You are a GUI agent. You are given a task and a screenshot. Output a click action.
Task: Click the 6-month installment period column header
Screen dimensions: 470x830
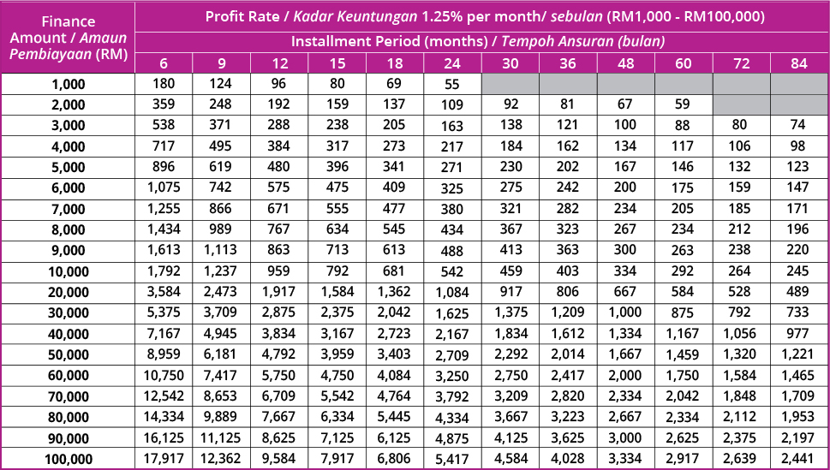tap(163, 63)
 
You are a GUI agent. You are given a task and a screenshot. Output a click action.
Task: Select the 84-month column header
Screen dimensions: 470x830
tap(799, 63)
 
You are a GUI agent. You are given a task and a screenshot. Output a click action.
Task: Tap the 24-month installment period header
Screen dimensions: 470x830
tap(452, 63)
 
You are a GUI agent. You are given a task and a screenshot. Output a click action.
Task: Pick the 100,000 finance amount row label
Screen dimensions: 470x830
tap(68, 460)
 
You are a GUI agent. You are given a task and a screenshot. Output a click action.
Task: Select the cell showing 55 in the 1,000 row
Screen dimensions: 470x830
tap(452, 84)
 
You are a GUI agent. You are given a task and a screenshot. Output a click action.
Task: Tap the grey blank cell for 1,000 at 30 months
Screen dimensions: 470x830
tap(510, 84)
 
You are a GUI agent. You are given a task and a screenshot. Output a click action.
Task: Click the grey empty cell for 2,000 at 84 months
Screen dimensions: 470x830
tap(799, 104)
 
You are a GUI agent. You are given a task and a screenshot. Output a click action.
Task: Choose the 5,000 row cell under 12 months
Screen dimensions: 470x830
tap(278, 167)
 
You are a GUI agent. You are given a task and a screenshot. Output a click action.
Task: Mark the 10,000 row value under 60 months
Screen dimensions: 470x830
tap(684, 271)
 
